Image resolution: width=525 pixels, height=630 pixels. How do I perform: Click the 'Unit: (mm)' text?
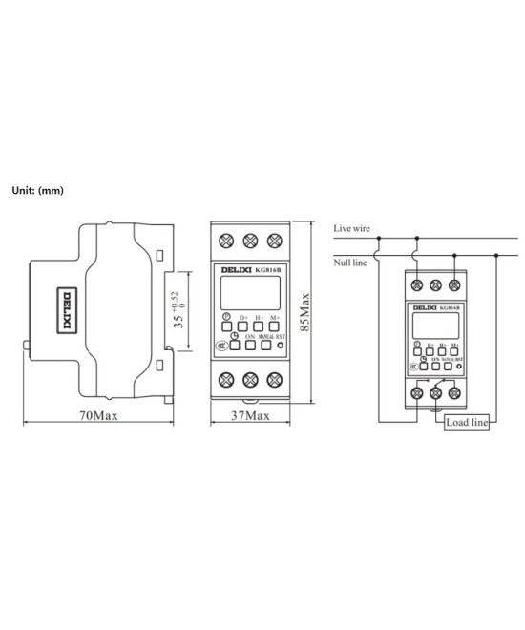[x=37, y=190]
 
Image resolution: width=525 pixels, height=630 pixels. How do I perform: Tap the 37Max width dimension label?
[x=250, y=417]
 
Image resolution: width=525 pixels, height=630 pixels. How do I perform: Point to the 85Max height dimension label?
[x=305, y=310]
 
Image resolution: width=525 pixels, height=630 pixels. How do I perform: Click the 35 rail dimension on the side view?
[x=177, y=310]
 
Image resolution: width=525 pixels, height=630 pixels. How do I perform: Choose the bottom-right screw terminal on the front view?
[x=275, y=380]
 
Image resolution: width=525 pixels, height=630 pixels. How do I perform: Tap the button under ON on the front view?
[x=249, y=347]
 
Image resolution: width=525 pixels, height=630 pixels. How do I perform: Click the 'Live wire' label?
[x=351, y=229]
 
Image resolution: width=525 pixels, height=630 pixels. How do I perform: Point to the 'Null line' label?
[x=349, y=261]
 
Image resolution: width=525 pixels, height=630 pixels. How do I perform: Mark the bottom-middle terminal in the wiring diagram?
[x=437, y=391]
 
